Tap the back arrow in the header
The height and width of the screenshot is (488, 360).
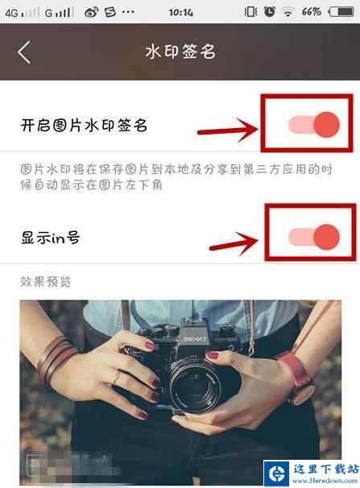[24, 52]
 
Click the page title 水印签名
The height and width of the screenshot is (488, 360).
[180, 52]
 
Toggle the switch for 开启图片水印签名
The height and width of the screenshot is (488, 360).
[314, 124]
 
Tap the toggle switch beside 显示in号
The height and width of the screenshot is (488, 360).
[314, 237]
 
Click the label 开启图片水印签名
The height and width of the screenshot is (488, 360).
[84, 125]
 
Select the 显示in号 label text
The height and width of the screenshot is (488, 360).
[50, 238]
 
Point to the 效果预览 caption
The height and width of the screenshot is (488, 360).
[46, 282]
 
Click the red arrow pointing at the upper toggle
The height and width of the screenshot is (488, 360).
[228, 130]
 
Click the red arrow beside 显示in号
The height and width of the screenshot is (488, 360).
[234, 244]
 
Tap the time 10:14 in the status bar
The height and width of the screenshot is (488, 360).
[180, 12]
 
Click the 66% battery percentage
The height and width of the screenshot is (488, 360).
[311, 12]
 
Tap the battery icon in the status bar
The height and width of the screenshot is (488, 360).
[341, 12]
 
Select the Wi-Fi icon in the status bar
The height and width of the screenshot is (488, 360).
[288, 12]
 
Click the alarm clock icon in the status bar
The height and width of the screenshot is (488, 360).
[270, 12]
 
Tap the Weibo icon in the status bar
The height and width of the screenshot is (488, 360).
[91, 12]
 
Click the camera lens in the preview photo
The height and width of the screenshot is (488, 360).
[196, 387]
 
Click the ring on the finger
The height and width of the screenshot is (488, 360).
[118, 378]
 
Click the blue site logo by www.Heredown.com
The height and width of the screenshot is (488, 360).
[277, 474]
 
